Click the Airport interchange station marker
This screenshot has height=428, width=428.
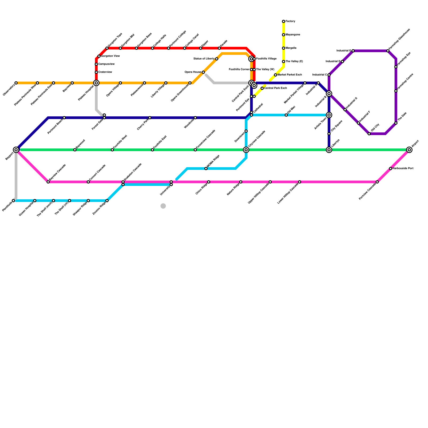point(409,150)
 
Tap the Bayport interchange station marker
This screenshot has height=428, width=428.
point(16,150)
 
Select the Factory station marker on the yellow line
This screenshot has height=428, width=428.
point(284,21)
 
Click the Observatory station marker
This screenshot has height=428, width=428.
point(16,83)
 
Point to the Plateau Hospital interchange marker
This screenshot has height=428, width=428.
point(96,83)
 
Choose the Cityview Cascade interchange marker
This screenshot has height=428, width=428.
point(246,150)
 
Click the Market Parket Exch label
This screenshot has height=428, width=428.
point(290,75)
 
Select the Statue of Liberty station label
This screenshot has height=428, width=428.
point(204,59)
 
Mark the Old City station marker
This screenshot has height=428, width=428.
point(369,134)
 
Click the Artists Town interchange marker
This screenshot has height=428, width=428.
point(329,115)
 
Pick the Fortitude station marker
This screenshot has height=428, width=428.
point(13,201)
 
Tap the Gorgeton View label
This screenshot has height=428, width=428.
point(110,56)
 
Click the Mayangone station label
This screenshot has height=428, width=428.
point(293,35)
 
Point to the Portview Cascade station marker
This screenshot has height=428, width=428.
point(377,182)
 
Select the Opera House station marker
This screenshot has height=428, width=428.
point(203,72)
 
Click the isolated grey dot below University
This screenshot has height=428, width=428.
point(163,206)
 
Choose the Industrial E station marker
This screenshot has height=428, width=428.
point(353,51)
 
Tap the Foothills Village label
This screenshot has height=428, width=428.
point(266,59)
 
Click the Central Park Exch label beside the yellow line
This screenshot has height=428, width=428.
point(276,88)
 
